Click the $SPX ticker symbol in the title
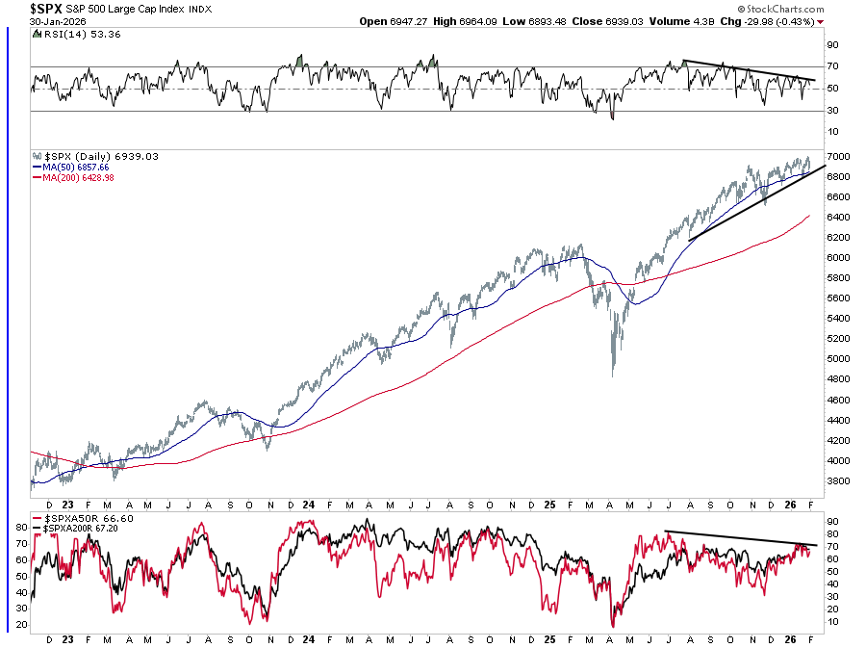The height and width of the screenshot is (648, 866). [46, 9]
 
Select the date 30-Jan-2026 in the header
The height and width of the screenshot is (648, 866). [51, 21]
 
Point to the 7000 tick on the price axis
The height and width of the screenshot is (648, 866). [835, 156]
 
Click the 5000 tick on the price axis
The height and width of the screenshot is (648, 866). [835, 359]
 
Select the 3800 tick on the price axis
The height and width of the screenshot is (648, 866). [835, 480]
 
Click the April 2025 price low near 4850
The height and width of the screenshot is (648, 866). [613, 374]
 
